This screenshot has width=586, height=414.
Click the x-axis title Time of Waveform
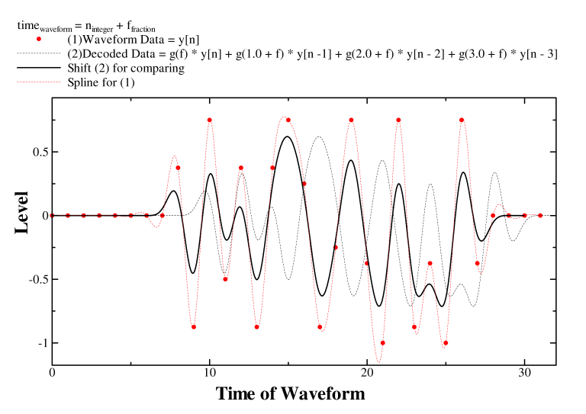(290, 394)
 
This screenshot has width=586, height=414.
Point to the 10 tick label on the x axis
(209, 374)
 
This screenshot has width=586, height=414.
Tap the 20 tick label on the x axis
(367, 374)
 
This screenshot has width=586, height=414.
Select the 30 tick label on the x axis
(524, 374)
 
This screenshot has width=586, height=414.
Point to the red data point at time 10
(209, 120)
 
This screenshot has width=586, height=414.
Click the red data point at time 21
(382, 343)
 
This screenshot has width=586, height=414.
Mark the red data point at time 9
(194, 327)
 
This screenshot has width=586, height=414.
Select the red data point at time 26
(462, 120)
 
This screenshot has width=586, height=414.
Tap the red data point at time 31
(540, 215)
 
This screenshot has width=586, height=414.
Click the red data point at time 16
(304, 184)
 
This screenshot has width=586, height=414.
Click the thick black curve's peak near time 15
(287, 136)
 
